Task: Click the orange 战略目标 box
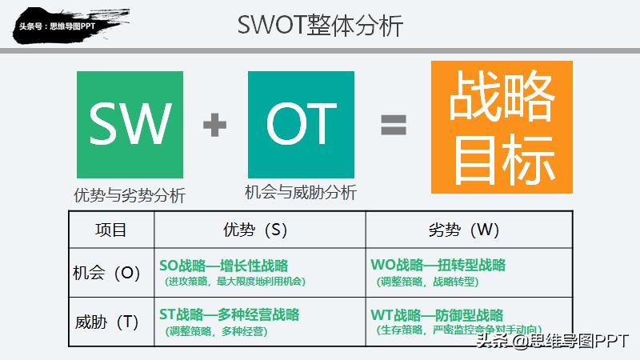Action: pos(502,127)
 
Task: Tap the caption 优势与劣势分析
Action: pos(130,195)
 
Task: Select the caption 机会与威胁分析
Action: pos(301,192)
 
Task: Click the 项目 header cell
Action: pos(110,230)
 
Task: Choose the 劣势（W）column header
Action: pos(469,230)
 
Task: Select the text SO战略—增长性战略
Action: pos(224,266)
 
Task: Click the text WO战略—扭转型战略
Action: pos(438,266)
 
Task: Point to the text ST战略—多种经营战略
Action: pos(230,314)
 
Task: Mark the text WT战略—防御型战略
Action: pos(438,314)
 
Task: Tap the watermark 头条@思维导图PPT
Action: pos(552,342)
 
